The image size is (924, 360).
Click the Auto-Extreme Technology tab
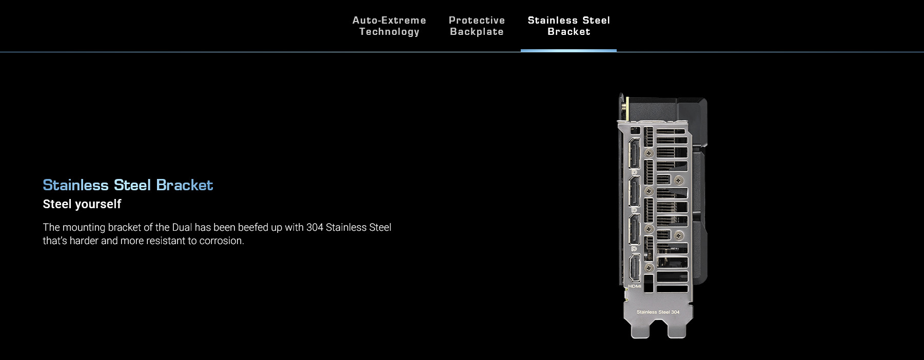click(389, 26)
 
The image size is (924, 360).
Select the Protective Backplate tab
click(477, 26)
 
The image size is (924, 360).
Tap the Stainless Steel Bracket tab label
click(568, 26)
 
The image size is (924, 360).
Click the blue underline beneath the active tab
click(568, 50)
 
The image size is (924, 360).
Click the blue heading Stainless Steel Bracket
click(128, 185)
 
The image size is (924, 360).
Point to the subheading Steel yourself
click(82, 204)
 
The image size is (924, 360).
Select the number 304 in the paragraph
click(314, 227)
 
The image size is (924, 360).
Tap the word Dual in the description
click(182, 227)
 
